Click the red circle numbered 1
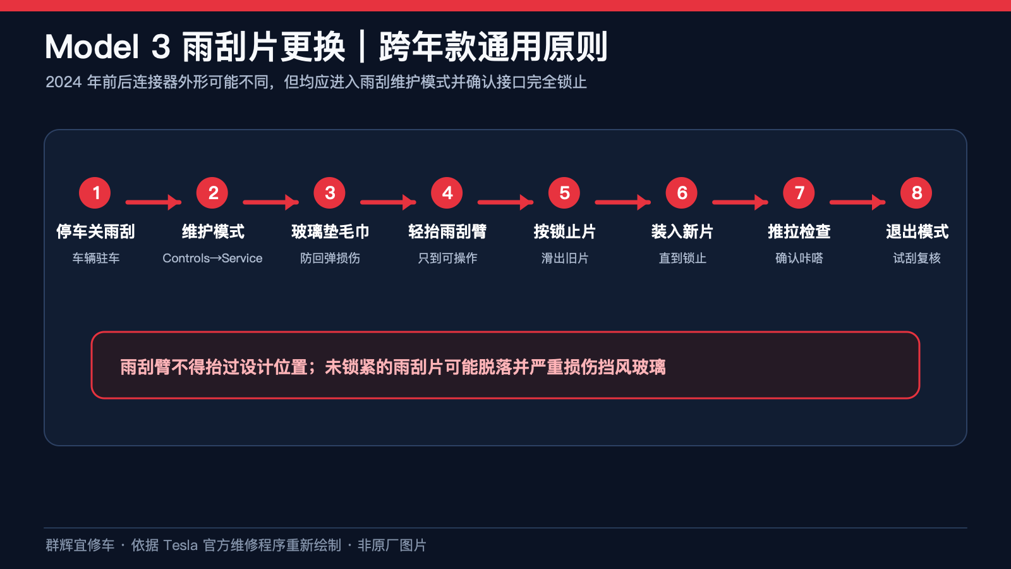coord(95,193)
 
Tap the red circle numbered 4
coord(447,193)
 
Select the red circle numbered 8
coord(916,193)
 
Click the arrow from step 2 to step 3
coord(271,202)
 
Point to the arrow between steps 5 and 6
coord(623,202)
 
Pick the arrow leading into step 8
coord(857,202)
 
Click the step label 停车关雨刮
coord(95,231)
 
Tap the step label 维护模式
coord(213,231)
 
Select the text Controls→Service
coord(212,259)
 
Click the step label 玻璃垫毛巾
coord(330,231)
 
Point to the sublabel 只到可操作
coord(447,259)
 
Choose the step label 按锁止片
coord(565,231)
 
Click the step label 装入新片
coord(682,231)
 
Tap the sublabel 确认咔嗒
coord(799,259)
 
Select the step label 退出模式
coord(917,231)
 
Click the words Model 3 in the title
coord(107,47)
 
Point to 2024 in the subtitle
coord(64,82)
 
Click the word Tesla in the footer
coord(180,545)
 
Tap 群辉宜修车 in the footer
coord(80,545)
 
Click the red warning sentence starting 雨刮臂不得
coord(392,367)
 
